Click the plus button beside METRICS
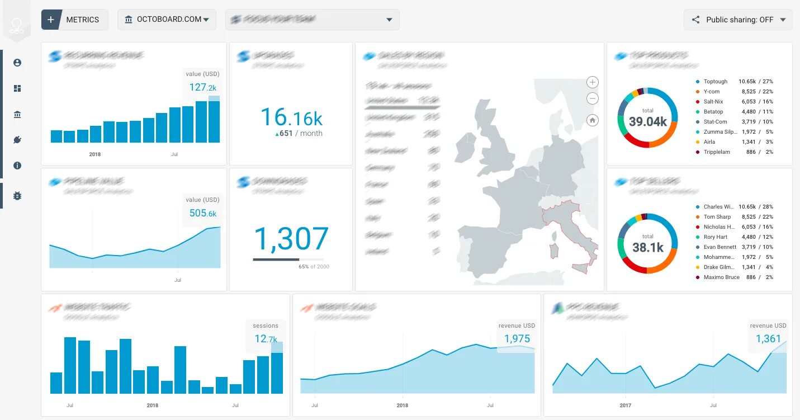[51, 20]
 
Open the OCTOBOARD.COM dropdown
[167, 20]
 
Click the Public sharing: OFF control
[738, 20]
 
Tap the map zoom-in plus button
[593, 82]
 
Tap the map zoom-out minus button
[593, 99]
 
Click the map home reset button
[593, 120]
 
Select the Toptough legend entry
[715, 82]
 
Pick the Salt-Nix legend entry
[713, 102]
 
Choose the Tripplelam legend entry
[716, 152]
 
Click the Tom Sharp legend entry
[717, 217]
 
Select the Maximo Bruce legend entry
[721, 277]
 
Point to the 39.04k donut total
[647, 121]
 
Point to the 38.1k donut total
[647, 247]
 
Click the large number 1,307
[291, 239]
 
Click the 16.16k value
[291, 118]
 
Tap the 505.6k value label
[202, 213]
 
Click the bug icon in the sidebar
[17, 196]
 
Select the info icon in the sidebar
[17, 166]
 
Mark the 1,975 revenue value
[517, 338]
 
